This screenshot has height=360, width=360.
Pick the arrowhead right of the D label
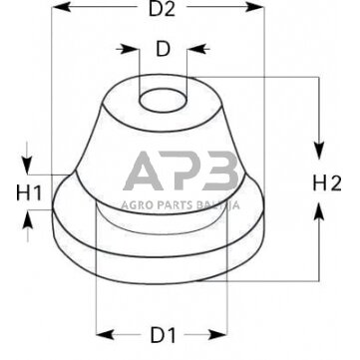185,48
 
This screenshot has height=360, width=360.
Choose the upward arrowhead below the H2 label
320,208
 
